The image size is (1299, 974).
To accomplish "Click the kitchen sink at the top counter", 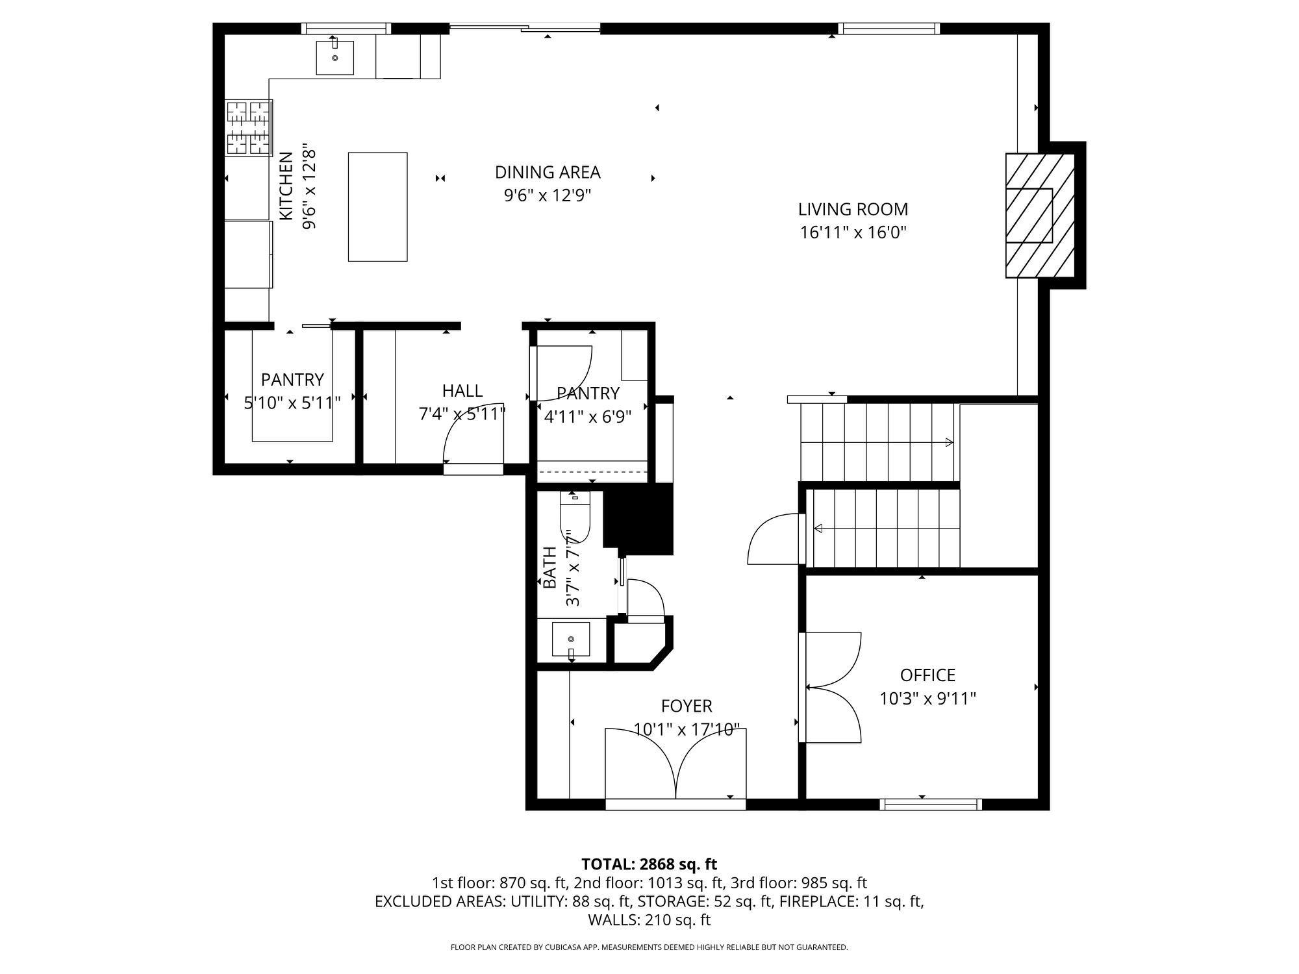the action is point(335,57).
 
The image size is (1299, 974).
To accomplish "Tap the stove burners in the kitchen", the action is point(248,128).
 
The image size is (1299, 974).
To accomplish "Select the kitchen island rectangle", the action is point(378,207).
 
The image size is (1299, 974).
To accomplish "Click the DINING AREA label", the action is point(548,172).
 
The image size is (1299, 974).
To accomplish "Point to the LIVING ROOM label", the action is point(853,209).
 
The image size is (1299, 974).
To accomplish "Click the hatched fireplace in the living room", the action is point(1040,215).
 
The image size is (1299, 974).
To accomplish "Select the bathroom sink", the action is point(571,640).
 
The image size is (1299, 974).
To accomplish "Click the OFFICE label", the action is point(927,675).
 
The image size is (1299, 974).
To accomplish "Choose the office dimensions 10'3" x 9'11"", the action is point(927,699).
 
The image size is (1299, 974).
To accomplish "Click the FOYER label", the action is point(687,706).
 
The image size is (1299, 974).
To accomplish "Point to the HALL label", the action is point(462,390).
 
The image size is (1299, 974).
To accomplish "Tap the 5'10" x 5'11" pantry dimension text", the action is point(292,403).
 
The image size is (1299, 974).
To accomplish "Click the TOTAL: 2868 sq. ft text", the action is point(649,864).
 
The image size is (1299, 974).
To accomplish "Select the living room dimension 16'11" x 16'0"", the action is point(853,232).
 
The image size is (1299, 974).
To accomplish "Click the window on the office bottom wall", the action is point(931,805).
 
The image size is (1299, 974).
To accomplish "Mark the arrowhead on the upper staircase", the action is point(949,443).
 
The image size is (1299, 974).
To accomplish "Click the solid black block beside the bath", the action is point(638,519).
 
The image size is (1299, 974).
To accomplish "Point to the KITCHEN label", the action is point(286,186).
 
